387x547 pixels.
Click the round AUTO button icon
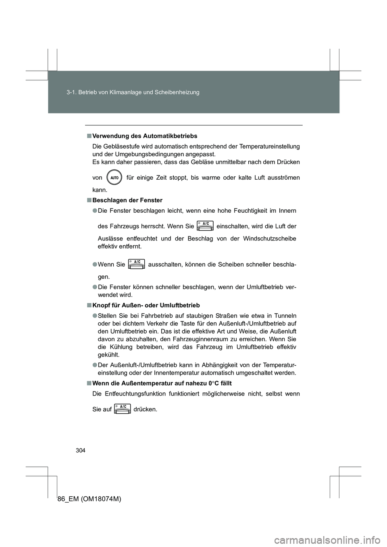click(x=114, y=177)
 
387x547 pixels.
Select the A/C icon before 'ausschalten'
click(x=136, y=264)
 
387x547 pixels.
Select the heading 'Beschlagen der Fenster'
click(x=127, y=200)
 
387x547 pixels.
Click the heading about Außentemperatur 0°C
click(x=159, y=384)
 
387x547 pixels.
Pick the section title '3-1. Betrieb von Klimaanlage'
click(x=133, y=93)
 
